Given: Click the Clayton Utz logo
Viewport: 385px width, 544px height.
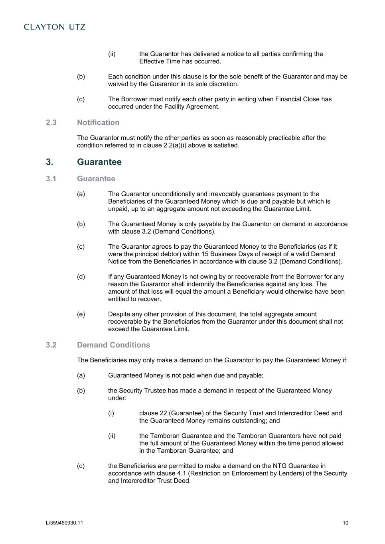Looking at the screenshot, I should [55, 27].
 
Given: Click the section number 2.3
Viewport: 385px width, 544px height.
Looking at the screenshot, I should [51, 123].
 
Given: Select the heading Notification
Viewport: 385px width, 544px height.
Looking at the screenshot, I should [98, 123].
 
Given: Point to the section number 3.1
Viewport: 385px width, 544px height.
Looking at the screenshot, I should [51, 179].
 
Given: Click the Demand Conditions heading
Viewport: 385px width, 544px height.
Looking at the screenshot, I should [113, 345].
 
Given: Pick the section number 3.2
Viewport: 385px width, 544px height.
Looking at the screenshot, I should [51, 345].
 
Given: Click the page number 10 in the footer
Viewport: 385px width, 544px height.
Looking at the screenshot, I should [345, 523].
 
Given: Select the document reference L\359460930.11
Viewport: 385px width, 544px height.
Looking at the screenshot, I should [65, 523].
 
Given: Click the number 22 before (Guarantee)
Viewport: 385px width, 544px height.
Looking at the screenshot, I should [163, 413].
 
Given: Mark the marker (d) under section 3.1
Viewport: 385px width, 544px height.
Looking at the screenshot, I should [81, 277].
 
